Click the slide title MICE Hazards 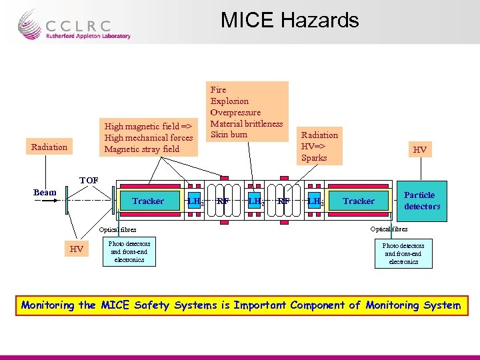(x=289, y=20)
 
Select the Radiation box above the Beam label (x=49, y=147)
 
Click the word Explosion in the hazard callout (x=229, y=101)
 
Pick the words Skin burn (x=229, y=135)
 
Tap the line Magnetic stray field (x=141, y=149)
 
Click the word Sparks (x=314, y=158)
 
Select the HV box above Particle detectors (x=419, y=150)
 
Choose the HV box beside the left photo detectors (x=77, y=249)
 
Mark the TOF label (x=89, y=181)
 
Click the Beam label (x=45, y=193)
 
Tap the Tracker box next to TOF (x=148, y=201)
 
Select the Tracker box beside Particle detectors (x=359, y=201)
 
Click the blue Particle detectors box (x=421, y=201)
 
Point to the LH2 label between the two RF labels (x=254, y=200)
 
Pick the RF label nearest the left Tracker (x=223, y=200)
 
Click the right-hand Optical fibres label (x=389, y=229)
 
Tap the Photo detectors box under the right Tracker (x=403, y=254)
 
